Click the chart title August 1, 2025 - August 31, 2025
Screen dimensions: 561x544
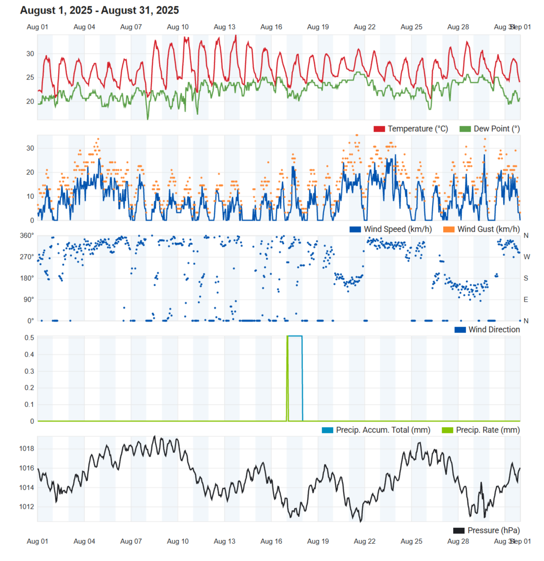pyautogui.click(x=100, y=10)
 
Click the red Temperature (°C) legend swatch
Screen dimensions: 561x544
pyautogui.click(x=379, y=129)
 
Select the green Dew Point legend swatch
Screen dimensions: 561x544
pyautogui.click(x=465, y=129)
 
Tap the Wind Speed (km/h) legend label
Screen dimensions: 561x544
pyautogui.click(x=398, y=229)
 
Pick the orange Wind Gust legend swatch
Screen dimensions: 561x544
pyautogui.click(x=449, y=229)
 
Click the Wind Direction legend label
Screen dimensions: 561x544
pyautogui.click(x=494, y=330)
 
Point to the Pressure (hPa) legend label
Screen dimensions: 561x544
pyautogui.click(x=494, y=531)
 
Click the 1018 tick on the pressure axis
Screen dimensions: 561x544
pyautogui.click(x=26, y=449)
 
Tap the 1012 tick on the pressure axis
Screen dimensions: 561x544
pyautogui.click(x=26, y=507)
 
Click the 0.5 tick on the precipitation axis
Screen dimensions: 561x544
pyautogui.click(x=29, y=338)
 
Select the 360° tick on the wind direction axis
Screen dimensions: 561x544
pyautogui.click(x=26, y=236)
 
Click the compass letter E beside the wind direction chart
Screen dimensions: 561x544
pyautogui.click(x=526, y=300)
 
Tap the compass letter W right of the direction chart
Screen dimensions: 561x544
pyautogui.click(x=526, y=257)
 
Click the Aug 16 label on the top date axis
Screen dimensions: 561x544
pyautogui.click(x=271, y=27)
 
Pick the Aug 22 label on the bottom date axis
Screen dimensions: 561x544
pyautogui.click(x=364, y=541)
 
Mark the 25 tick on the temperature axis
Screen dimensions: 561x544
pyautogui.click(x=30, y=78)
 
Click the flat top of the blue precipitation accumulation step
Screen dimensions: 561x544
pyautogui.click(x=295, y=336)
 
